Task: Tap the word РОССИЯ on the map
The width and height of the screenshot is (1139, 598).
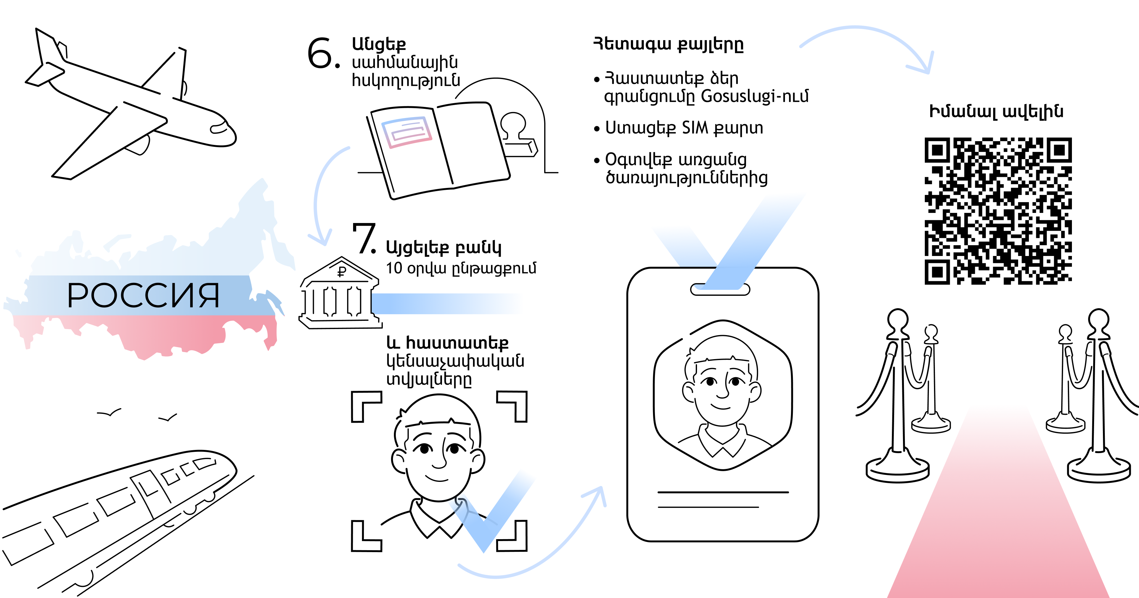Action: click(x=143, y=296)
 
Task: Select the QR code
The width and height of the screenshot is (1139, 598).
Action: click(x=998, y=211)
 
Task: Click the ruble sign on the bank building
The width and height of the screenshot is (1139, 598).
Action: click(x=342, y=271)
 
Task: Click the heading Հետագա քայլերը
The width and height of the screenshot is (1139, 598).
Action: click(x=668, y=44)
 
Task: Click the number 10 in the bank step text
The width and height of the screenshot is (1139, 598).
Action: click(x=394, y=268)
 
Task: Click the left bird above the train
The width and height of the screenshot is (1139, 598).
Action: click(x=109, y=414)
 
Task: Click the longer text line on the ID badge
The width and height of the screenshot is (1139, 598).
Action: click(x=723, y=492)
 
